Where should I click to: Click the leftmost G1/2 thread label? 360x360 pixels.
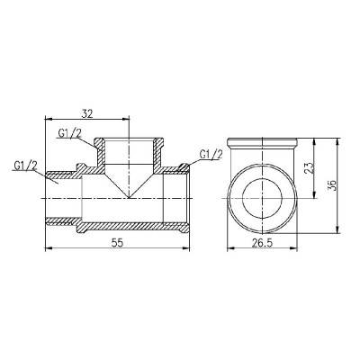click(x=26, y=165)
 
